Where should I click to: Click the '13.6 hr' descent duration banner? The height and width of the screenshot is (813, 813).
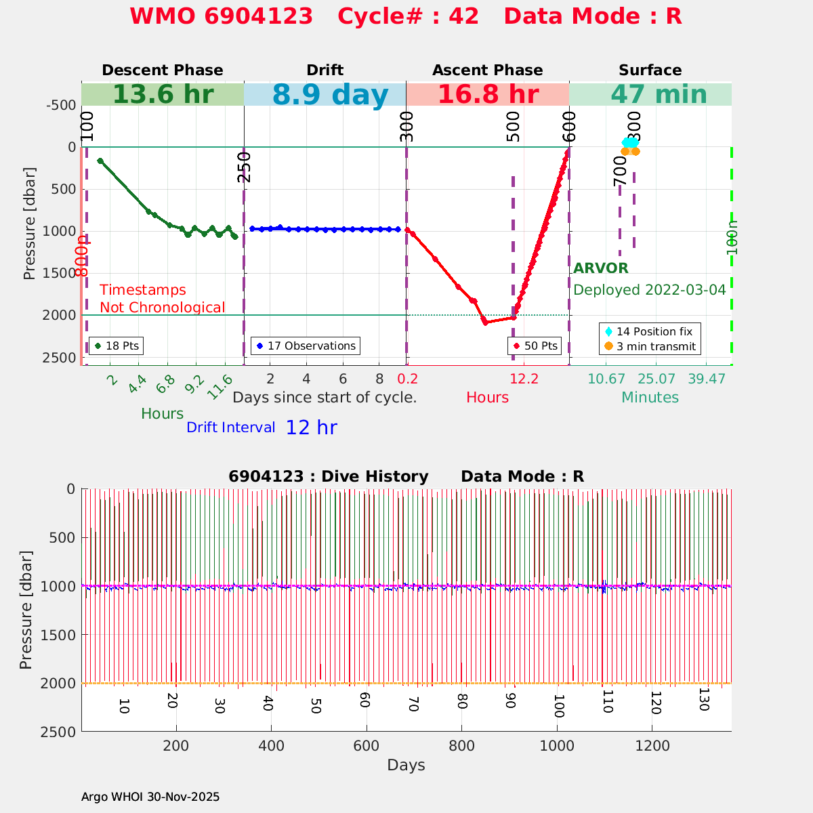163,95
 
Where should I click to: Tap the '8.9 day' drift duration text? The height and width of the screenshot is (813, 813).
330,95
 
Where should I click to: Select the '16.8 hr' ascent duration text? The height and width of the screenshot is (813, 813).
488,95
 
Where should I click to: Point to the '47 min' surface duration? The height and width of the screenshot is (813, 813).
650,95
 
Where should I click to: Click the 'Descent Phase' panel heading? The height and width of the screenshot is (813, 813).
163,70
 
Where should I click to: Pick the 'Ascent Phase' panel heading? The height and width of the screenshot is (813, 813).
488,70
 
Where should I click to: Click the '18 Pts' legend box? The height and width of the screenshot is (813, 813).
117,346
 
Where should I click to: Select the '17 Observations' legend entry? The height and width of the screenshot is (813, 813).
306,346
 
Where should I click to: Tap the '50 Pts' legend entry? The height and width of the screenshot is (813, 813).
535,346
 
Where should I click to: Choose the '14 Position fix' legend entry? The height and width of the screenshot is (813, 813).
650,331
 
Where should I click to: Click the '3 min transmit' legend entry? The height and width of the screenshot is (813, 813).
650,347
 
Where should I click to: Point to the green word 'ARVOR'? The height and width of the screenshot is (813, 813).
601,268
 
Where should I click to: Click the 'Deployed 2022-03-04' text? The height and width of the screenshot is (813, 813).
650,290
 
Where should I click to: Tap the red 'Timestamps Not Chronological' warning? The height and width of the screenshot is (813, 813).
162,299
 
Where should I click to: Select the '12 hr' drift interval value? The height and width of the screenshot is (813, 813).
311,428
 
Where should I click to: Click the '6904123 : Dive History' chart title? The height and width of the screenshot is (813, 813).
329,476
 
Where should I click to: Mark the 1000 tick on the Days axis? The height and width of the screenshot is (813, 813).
557,746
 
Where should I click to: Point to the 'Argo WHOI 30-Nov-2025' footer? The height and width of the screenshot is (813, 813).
150,797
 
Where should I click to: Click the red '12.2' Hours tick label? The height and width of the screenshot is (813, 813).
524,378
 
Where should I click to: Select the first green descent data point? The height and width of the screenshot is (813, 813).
100,161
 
